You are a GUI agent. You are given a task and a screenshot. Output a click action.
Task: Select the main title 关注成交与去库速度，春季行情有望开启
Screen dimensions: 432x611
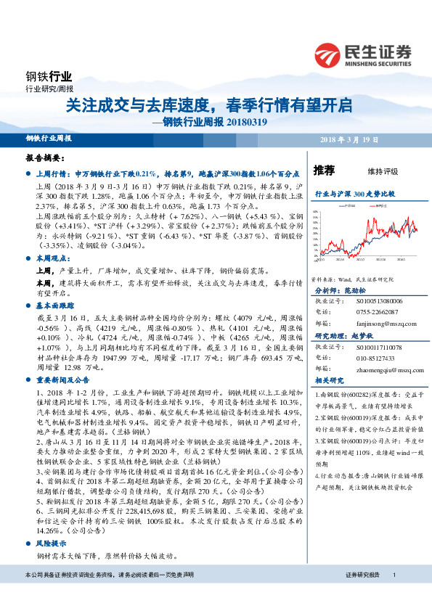209,104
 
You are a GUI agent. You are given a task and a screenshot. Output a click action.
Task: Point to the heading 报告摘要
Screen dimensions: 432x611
44,157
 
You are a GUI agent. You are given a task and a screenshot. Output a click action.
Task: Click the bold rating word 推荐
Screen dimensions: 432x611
324,171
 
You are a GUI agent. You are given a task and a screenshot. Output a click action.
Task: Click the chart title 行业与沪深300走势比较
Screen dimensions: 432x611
354,195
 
